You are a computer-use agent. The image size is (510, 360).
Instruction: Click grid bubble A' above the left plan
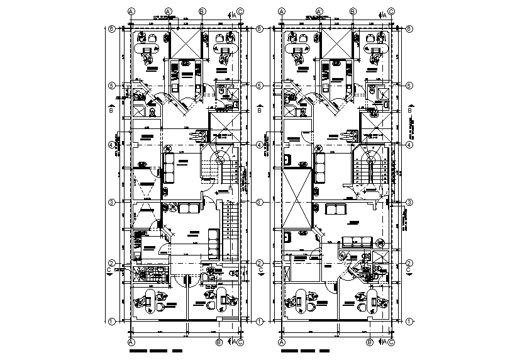(x=169, y=11)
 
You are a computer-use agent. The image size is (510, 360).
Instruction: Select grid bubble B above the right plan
(x=370, y=11)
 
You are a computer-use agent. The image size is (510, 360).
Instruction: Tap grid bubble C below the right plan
(x=392, y=342)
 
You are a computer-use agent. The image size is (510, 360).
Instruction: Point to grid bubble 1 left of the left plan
(x=111, y=322)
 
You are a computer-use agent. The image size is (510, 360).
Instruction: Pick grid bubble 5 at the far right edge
(x=410, y=86)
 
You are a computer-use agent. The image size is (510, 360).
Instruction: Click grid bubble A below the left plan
(x=131, y=342)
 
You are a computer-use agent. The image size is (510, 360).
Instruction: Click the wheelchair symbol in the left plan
(x=202, y=135)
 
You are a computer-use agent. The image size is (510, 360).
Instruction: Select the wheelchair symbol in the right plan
(x=350, y=134)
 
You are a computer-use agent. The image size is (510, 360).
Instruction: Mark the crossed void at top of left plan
(x=183, y=44)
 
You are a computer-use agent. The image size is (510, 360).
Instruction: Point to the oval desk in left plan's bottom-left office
(x=148, y=299)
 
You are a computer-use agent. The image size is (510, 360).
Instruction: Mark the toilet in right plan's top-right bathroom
(x=372, y=92)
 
